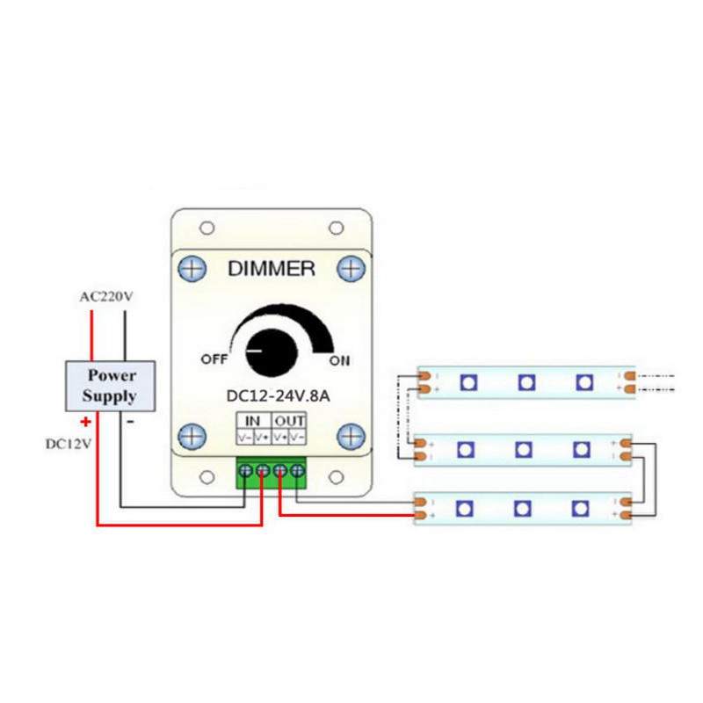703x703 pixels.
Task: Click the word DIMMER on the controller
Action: pyautogui.click(x=271, y=269)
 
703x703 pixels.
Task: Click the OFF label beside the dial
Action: pyautogui.click(x=214, y=359)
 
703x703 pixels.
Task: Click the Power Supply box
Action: pyautogui.click(x=110, y=386)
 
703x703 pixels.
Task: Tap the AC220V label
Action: pyautogui.click(x=105, y=297)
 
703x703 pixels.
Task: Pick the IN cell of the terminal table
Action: pyautogui.click(x=252, y=421)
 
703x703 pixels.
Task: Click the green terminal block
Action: pyautogui.click(x=271, y=473)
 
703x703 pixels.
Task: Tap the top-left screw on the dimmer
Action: pyautogui.click(x=193, y=267)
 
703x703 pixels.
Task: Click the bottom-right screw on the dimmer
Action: pyautogui.click(x=351, y=436)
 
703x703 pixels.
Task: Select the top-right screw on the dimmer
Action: pyautogui.click(x=351, y=267)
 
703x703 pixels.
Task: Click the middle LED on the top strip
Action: pyautogui.click(x=525, y=382)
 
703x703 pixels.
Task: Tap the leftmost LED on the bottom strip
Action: pyautogui.click(x=464, y=509)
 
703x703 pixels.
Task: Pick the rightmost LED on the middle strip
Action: pyautogui.click(x=582, y=449)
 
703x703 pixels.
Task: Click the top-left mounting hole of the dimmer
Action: pyautogui.click(x=207, y=228)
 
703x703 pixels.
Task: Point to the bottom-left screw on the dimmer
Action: pyautogui.click(x=193, y=436)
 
